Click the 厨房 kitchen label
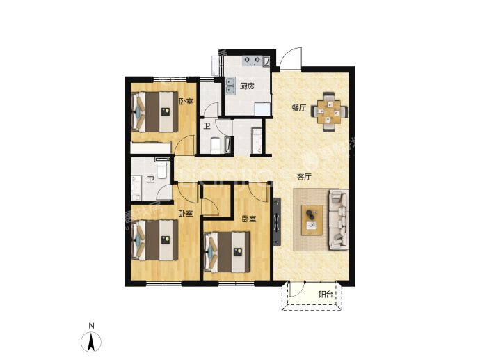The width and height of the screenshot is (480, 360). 247,86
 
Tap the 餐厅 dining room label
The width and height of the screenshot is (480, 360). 298,108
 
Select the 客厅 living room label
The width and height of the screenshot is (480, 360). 304,177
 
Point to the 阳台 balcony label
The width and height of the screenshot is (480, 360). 326,295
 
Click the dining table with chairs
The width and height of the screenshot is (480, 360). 329,111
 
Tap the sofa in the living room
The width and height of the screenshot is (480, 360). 339,219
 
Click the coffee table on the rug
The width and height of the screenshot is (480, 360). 312,220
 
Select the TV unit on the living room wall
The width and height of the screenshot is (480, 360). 278,221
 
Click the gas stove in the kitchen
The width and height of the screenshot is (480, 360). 252,61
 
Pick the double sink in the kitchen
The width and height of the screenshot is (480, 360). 230,86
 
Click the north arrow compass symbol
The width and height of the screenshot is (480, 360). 91,341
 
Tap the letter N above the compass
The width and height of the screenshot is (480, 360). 91,326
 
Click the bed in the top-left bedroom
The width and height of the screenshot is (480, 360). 155,112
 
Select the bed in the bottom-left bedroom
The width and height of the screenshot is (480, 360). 155,240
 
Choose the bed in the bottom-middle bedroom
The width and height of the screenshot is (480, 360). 227,252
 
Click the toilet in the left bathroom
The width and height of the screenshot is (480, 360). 161,170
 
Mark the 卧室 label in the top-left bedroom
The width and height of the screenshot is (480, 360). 186,101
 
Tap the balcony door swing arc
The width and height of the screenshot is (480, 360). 296,290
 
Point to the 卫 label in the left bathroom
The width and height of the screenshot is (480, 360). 150,179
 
